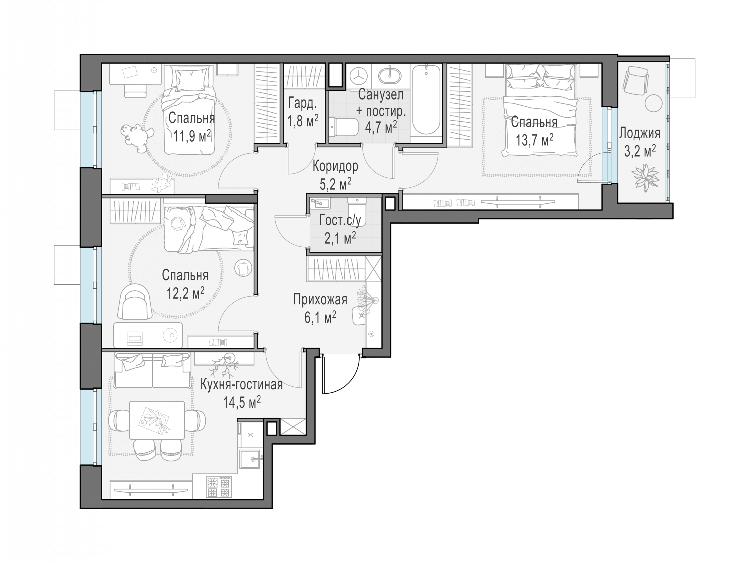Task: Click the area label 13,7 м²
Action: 535,139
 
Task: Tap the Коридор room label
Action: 335,166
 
